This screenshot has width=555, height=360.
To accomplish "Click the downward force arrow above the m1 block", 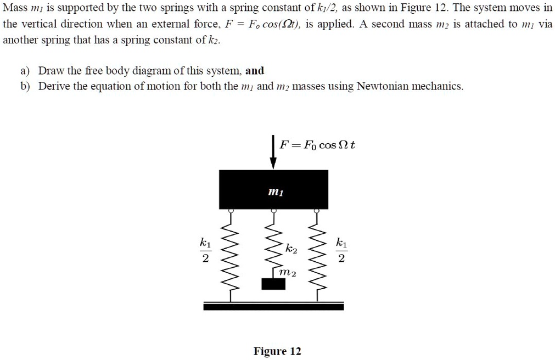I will (x=273, y=152).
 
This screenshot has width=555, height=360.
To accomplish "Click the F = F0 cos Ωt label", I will (x=317, y=145).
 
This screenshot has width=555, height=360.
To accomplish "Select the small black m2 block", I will (x=273, y=284).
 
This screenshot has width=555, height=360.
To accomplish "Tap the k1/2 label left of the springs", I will (x=204, y=250).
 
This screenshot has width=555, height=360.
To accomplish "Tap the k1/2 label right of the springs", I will (x=341, y=250).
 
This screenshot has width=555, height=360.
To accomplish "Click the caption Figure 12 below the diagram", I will (x=277, y=351).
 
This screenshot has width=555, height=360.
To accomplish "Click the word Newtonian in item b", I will (x=383, y=87).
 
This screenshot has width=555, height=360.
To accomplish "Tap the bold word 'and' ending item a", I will (x=255, y=71).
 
